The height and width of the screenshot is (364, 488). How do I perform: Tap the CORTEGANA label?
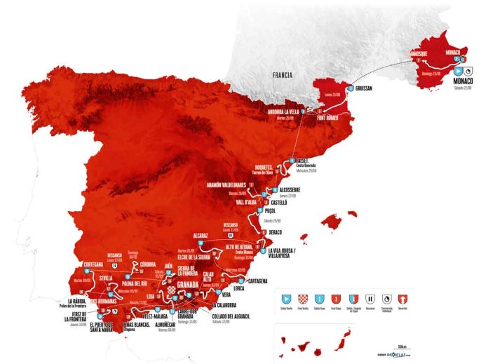[x=97, y=264]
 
